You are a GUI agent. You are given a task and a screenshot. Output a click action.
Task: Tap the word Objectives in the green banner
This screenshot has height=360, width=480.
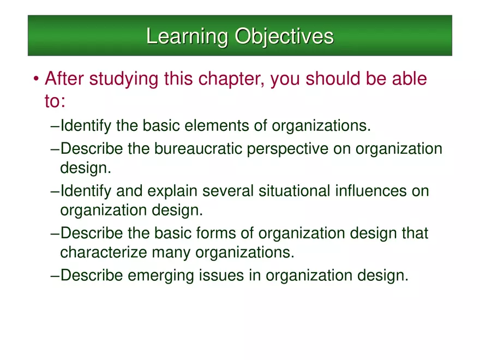284,37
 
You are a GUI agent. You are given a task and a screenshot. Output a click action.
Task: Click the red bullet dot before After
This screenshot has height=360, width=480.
35,81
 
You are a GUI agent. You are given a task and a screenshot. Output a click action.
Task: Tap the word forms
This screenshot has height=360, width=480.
230,233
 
